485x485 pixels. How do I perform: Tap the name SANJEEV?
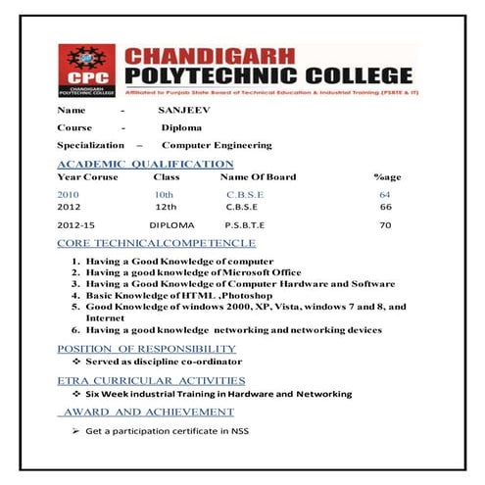[184, 111]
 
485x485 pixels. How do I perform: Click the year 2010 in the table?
[70, 195]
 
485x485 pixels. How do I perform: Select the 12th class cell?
[166, 208]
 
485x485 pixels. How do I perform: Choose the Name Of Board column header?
[258, 177]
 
